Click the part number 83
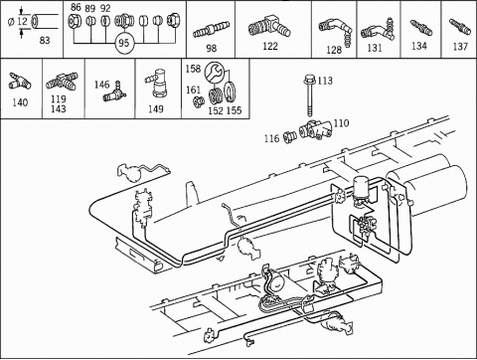45,41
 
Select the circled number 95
124,43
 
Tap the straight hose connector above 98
212,30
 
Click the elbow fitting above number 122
269,27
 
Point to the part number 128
334,50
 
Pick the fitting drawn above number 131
377,30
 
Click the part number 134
419,46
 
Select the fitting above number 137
460,26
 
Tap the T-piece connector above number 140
20,82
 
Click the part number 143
59,108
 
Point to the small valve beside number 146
115,92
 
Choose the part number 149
156,108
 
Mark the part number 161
193,90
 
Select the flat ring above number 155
230,91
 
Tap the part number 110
341,123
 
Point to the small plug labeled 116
290,137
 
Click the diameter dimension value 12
22,22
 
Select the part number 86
76,7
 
